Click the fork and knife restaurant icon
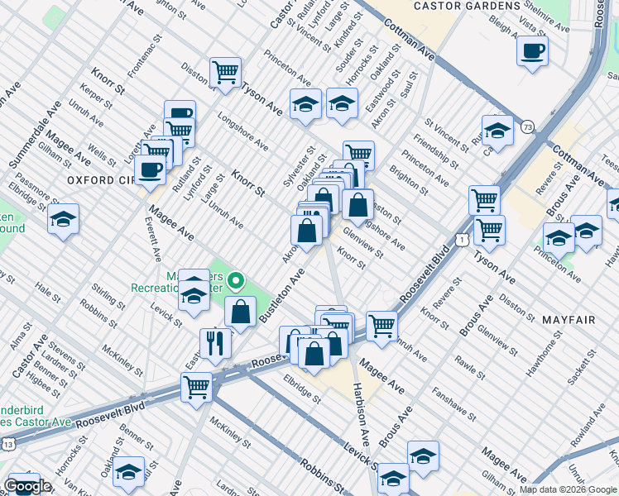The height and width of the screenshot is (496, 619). click(x=215, y=341)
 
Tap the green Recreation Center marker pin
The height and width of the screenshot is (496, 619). click(x=237, y=284)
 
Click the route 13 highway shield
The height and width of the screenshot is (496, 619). click(x=7, y=444)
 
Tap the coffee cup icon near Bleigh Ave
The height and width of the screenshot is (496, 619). click(x=532, y=50)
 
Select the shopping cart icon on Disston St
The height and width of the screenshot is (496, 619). click(x=225, y=72)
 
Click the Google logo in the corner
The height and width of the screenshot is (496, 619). click(x=27, y=486)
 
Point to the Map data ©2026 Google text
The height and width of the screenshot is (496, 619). click(x=568, y=489)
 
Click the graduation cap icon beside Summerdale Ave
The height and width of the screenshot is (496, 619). click(x=63, y=220)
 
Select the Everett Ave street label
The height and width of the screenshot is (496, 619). click(x=154, y=237)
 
